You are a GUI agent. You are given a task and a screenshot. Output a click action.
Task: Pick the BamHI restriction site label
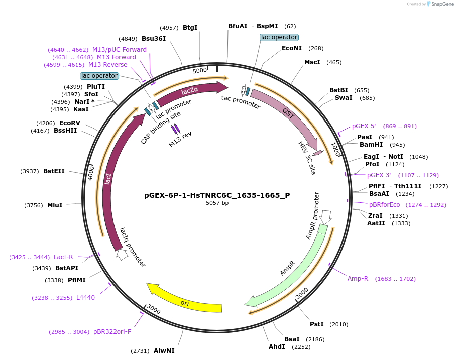tap(371, 145)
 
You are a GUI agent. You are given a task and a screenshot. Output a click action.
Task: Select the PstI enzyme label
tap(316, 324)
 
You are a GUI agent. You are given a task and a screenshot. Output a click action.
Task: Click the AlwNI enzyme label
tap(164, 351)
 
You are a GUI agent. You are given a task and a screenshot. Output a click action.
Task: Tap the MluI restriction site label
tap(55, 205)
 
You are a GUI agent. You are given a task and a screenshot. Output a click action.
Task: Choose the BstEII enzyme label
tap(54, 171)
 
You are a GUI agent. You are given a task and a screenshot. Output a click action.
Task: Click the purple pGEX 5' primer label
tap(364, 126)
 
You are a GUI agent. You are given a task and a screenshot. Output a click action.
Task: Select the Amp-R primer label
tap(358, 279)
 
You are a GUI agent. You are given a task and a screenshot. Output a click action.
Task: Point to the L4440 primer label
tap(85, 298)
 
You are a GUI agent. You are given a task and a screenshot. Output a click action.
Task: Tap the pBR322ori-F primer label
tap(112, 332)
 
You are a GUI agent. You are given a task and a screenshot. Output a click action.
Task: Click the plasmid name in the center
tap(217, 195)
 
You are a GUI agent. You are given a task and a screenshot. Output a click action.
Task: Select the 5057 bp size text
tap(217, 203)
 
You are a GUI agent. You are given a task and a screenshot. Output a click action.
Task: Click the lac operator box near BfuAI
tap(279, 37)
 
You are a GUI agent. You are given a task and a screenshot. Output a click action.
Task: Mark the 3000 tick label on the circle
tap(154, 311)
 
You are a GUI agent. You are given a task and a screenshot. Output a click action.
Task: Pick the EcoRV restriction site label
tap(69, 123)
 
